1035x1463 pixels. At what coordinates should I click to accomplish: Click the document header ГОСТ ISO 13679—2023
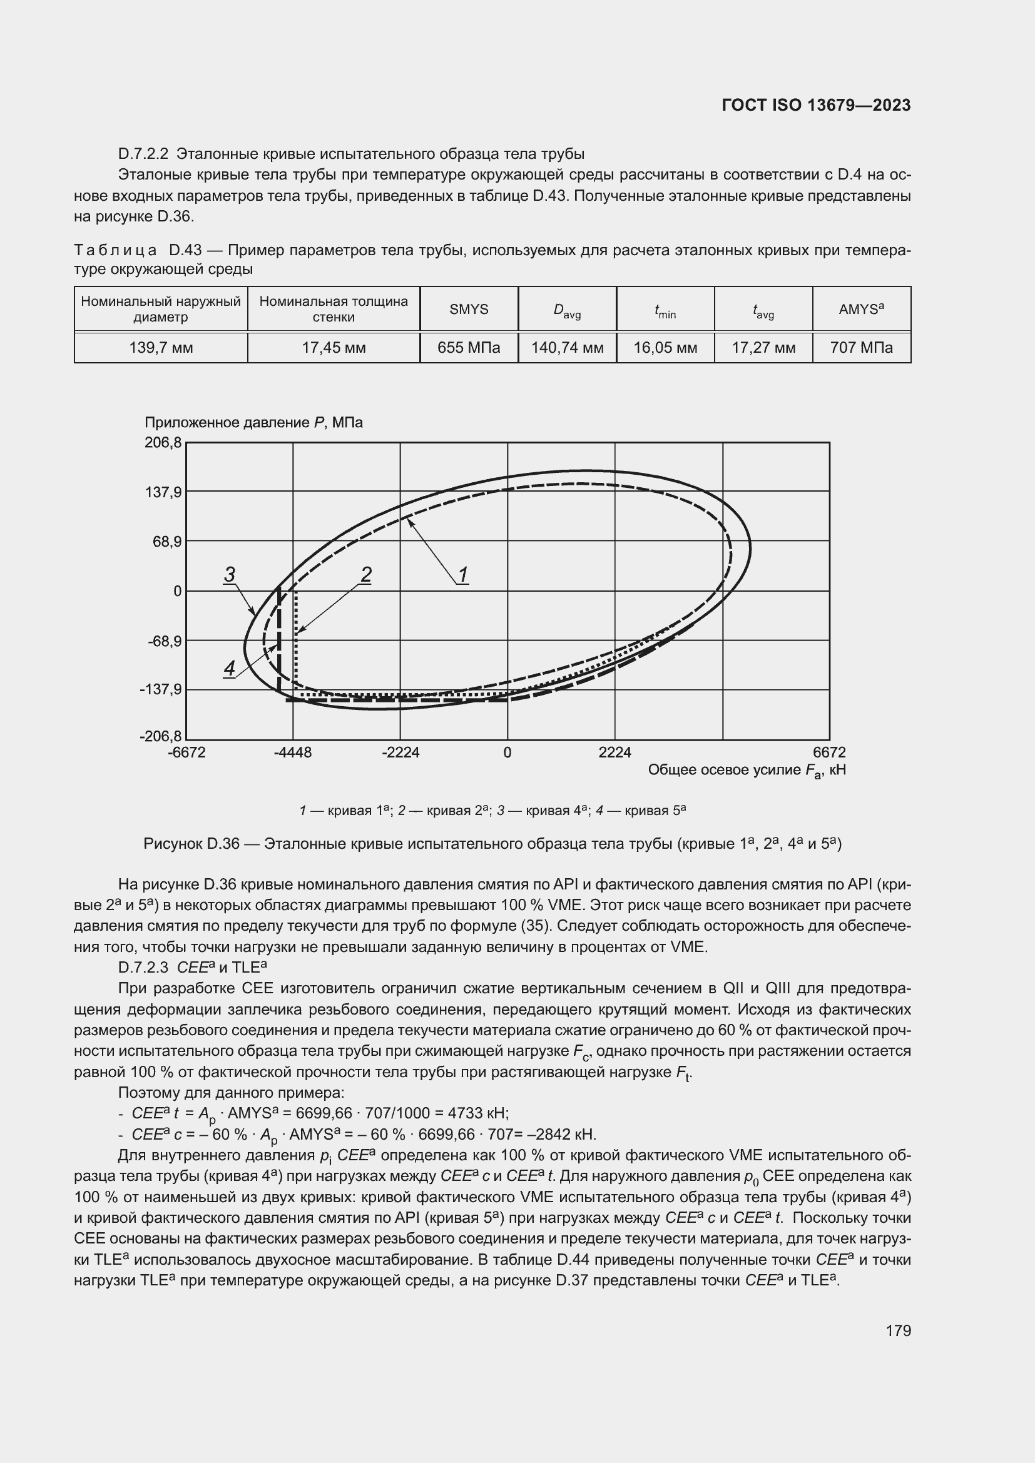(816, 105)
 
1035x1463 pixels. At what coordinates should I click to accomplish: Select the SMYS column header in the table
(469, 310)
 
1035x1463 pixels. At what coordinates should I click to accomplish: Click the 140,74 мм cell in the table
(567, 348)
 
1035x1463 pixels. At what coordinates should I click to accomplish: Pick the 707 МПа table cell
(861, 348)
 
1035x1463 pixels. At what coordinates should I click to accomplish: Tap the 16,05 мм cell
(665, 348)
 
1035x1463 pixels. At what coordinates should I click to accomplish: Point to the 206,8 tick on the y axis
(163, 442)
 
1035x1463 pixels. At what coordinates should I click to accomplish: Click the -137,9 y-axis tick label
(161, 689)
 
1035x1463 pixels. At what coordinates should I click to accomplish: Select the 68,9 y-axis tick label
(166, 542)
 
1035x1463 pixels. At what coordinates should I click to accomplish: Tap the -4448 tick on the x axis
(292, 752)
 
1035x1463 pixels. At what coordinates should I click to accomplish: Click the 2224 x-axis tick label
(614, 752)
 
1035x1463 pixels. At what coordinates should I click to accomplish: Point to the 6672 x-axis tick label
(829, 752)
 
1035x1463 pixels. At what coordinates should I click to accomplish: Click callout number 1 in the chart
(463, 574)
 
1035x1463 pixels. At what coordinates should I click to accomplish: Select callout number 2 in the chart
(366, 574)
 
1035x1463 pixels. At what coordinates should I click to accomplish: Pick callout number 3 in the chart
(230, 574)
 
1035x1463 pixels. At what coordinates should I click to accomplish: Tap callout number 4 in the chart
(230, 668)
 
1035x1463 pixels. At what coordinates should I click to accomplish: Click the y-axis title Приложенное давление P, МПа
(253, 422)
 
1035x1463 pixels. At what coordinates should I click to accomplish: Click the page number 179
(898, 1330)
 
